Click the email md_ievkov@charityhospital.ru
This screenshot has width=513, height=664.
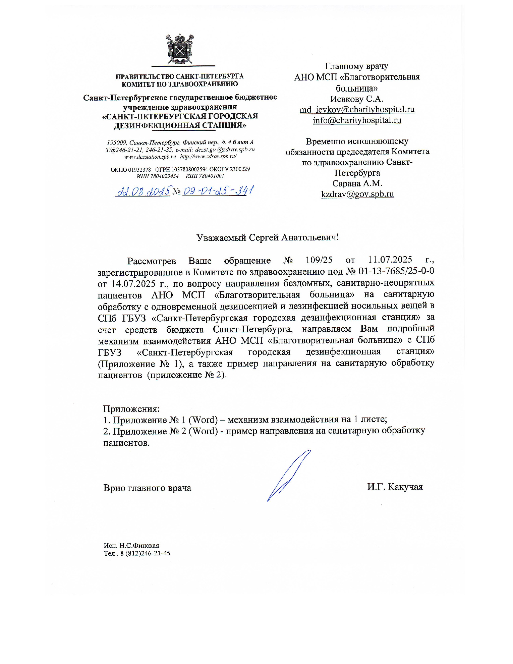pos(357,110)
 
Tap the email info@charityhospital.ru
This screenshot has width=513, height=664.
pos(357,120)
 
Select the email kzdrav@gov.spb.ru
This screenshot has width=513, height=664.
pos(357,194)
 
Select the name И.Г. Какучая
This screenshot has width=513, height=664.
pos(395,487)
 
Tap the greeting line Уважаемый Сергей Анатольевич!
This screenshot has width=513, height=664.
pos(268,238)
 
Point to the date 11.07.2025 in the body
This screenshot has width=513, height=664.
pos(390,260)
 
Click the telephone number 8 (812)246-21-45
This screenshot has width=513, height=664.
pos(145,554)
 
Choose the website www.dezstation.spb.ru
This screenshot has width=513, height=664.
pos(150,157)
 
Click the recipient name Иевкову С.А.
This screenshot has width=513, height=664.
pos(356,99)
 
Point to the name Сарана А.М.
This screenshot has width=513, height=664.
pos(357,184)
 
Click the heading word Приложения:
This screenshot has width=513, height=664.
pos(131,409)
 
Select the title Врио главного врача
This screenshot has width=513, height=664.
pos(147,488)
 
